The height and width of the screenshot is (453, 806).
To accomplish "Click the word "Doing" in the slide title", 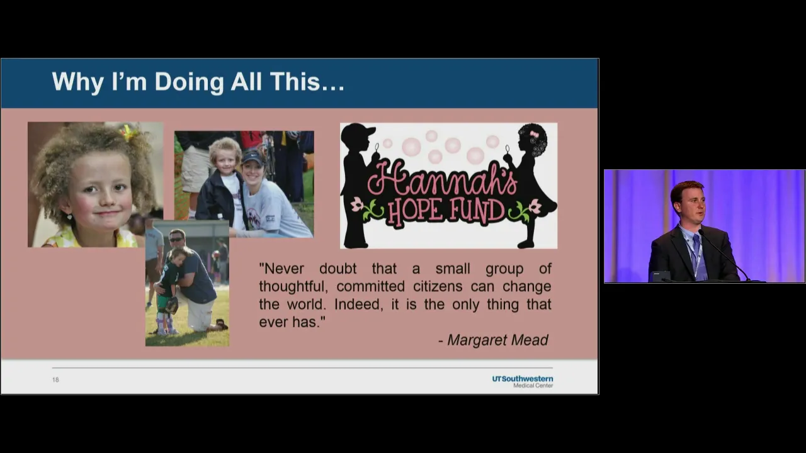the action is click(190, 82).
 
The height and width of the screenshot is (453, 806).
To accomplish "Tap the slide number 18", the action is click(55, 379).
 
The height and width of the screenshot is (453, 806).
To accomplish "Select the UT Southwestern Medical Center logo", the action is click(523, 382).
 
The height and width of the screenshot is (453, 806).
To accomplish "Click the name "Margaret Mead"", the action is click(497, 340).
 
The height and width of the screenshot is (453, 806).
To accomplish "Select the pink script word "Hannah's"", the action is click(443, 179).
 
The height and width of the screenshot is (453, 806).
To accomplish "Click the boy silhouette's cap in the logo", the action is click(359, 131).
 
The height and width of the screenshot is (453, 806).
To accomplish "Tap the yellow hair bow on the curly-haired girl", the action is click(129, 133).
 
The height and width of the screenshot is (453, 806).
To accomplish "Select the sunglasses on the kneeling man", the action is click(176, 240).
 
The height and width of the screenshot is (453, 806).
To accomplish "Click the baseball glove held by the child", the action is click(172, 305).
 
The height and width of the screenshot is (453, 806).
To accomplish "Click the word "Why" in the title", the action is click(78, 82).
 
